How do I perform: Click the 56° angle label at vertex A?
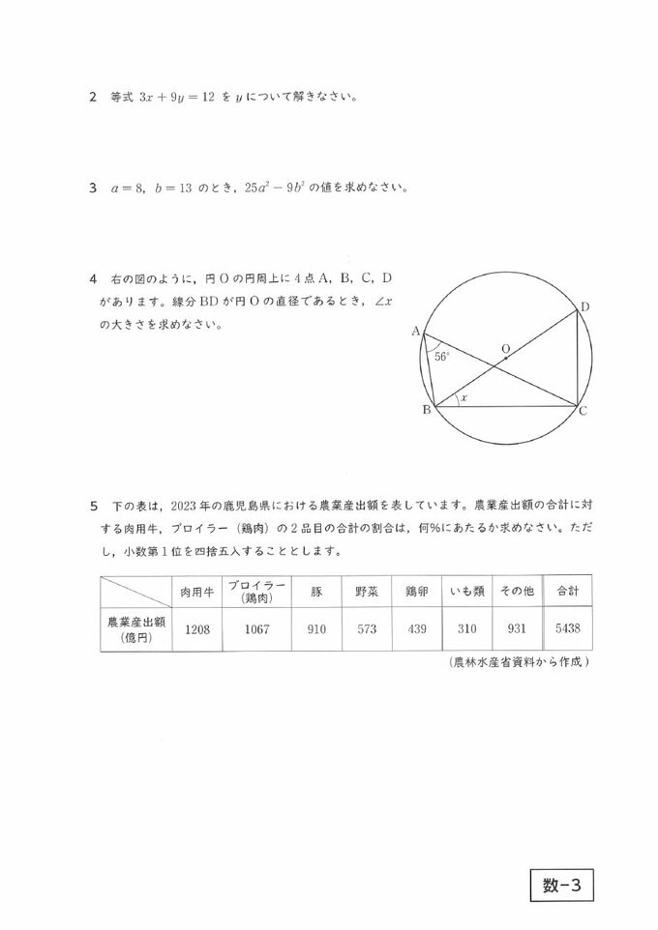[441, 356]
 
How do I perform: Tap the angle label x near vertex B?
[464, 397]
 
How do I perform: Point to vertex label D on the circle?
[584, 306]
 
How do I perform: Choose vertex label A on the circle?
[416, 332]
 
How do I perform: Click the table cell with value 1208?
[196, 628]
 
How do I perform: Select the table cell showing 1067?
[255, 628]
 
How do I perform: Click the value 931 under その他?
[516, 628]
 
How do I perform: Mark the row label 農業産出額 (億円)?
[135, 628]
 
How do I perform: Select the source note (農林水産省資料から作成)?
[520, 662]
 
